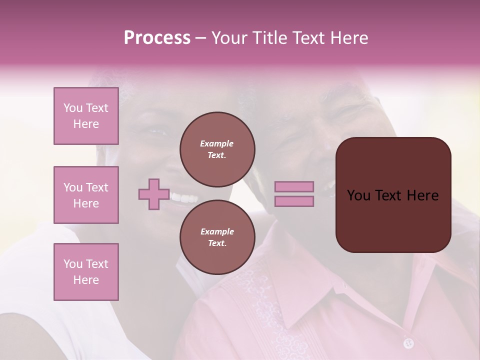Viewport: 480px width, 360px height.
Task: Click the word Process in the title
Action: point(157,38)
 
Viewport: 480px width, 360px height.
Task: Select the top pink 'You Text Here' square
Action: point(86,116)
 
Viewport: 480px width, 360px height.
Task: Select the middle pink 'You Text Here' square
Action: point(86,195)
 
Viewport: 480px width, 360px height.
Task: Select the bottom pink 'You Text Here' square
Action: point(86,272)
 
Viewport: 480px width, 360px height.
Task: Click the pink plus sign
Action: point(154,194)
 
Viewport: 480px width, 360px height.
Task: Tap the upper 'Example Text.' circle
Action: point(217,149)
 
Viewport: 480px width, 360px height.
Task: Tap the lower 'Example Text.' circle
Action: point(217,237)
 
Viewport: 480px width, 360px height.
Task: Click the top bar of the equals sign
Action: point(294,187)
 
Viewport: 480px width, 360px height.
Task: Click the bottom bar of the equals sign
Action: point(294,201)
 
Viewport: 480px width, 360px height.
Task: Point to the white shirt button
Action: point(408,343)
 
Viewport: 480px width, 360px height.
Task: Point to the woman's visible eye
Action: point(156,133)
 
